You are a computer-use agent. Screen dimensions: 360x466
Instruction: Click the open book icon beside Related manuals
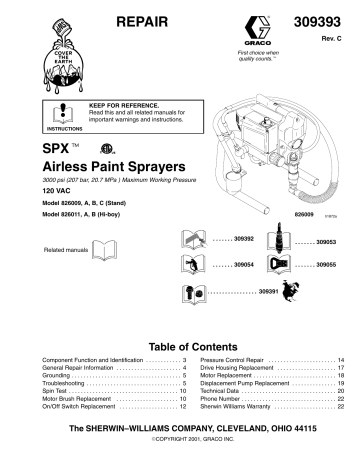[105, 249]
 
